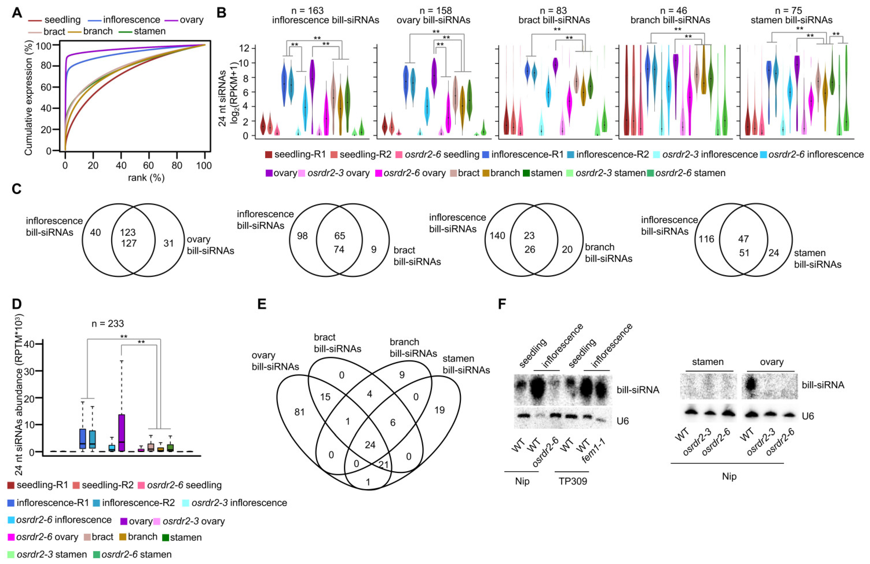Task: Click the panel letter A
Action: pos(17,13)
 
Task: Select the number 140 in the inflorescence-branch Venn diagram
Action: pos(497,235)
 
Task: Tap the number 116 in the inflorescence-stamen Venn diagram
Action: pos(706,239)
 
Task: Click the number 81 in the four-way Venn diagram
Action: pos(299,412)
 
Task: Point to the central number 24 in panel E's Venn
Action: pos(370,445)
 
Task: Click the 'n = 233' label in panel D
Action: pos(107,324)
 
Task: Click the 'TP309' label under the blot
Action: pos(573,481)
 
